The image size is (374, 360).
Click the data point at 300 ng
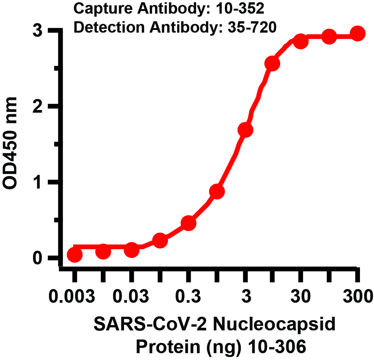357,34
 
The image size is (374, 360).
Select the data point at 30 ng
301,41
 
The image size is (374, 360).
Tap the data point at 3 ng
245,130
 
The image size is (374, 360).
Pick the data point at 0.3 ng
189,223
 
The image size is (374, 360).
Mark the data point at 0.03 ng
131,250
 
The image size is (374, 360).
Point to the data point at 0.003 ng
75,255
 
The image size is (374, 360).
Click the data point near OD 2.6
272,64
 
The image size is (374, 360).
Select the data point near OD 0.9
217,192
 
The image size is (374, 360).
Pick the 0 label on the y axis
37,258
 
